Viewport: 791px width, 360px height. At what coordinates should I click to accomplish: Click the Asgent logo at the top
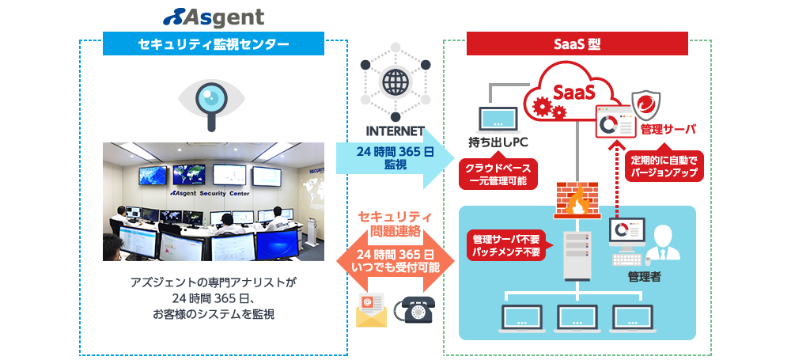pos(214,17)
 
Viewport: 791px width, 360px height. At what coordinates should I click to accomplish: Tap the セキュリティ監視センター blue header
pos(214,44)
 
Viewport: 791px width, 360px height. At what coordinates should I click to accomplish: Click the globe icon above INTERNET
pos(393,81)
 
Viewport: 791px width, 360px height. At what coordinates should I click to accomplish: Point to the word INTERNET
pos(395,131)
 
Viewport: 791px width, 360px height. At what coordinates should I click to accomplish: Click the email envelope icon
pos(370,309)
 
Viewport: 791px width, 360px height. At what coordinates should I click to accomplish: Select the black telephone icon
pos(418,309)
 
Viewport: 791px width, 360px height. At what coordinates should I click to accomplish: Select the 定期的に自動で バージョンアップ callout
pos(664,166)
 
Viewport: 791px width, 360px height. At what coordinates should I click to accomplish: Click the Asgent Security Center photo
pos(214,202)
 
